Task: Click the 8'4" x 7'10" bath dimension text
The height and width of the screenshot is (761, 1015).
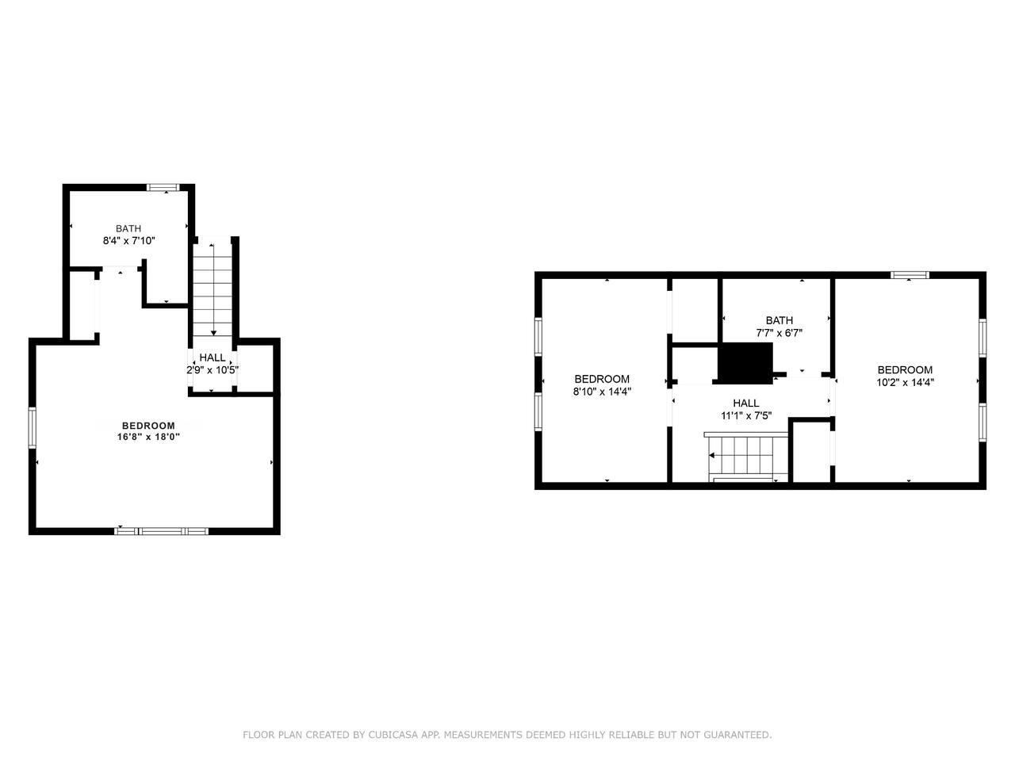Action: pos(128,241)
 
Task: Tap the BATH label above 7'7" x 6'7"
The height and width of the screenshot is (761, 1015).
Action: pos(779,320)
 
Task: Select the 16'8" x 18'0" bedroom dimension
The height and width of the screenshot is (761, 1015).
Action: pos(148,437)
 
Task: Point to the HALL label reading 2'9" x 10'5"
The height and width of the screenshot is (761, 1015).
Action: pos(213,358)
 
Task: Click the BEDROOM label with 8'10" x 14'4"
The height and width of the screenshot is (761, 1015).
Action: pos(602,379)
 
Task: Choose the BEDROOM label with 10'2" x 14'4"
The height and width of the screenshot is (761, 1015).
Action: pos(905,369)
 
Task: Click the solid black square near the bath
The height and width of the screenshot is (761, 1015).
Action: pos(745,363)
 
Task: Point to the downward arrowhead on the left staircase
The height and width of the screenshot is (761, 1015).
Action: pos(213,333)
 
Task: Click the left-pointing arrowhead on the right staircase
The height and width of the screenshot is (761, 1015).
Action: pos(712,456)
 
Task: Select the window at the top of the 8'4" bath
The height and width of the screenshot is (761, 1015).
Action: pos(163,187)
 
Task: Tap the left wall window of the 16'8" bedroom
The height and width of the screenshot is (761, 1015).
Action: pos(33,427)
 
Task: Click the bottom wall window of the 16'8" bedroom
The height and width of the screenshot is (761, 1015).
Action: pos(162,531)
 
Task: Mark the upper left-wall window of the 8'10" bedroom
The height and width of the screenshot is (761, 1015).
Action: pos(538,336)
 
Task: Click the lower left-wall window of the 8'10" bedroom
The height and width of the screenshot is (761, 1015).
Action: pos(538,411)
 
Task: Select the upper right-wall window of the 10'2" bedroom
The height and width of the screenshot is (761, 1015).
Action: pos(982,338)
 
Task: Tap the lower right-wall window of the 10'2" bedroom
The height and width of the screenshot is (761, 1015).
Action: pos(982,423)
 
